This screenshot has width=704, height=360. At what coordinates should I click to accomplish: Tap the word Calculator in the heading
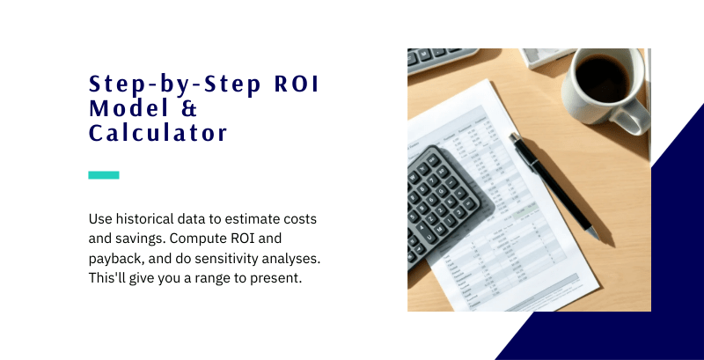158,134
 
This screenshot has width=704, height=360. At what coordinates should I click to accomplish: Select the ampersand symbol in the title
190,110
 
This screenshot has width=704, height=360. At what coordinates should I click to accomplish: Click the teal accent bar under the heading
104,175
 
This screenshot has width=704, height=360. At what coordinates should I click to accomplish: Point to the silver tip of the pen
594,234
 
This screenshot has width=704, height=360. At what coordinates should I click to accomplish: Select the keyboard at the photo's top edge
440,60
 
